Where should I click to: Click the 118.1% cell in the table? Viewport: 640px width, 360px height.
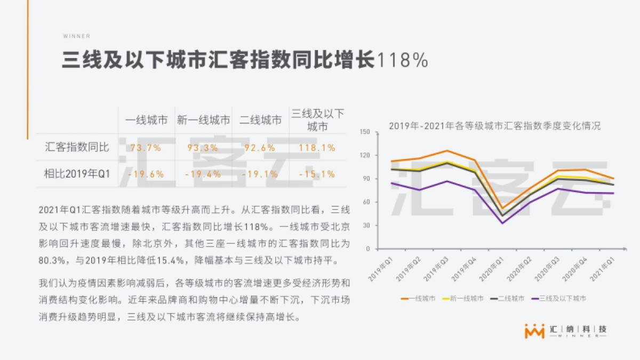pos(317,148)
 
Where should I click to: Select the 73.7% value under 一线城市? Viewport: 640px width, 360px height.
pos(146,148)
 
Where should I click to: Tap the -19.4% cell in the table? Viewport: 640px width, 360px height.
pos(203,174)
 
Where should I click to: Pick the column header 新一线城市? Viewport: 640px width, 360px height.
pos(203,121)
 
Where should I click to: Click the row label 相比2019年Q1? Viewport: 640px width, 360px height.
pos(77,174)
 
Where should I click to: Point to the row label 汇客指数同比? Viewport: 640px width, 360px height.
pos(77,148)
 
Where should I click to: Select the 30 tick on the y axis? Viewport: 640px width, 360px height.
pos(366,225)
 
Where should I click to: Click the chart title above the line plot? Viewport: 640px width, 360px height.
pos(494,126)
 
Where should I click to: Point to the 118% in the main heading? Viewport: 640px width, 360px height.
pos(403,60)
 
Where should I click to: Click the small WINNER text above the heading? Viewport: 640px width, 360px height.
pos(76,36)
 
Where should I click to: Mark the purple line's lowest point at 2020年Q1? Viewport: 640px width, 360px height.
pos(502,223)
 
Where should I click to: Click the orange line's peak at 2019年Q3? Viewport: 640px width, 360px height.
pos(447,151)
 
